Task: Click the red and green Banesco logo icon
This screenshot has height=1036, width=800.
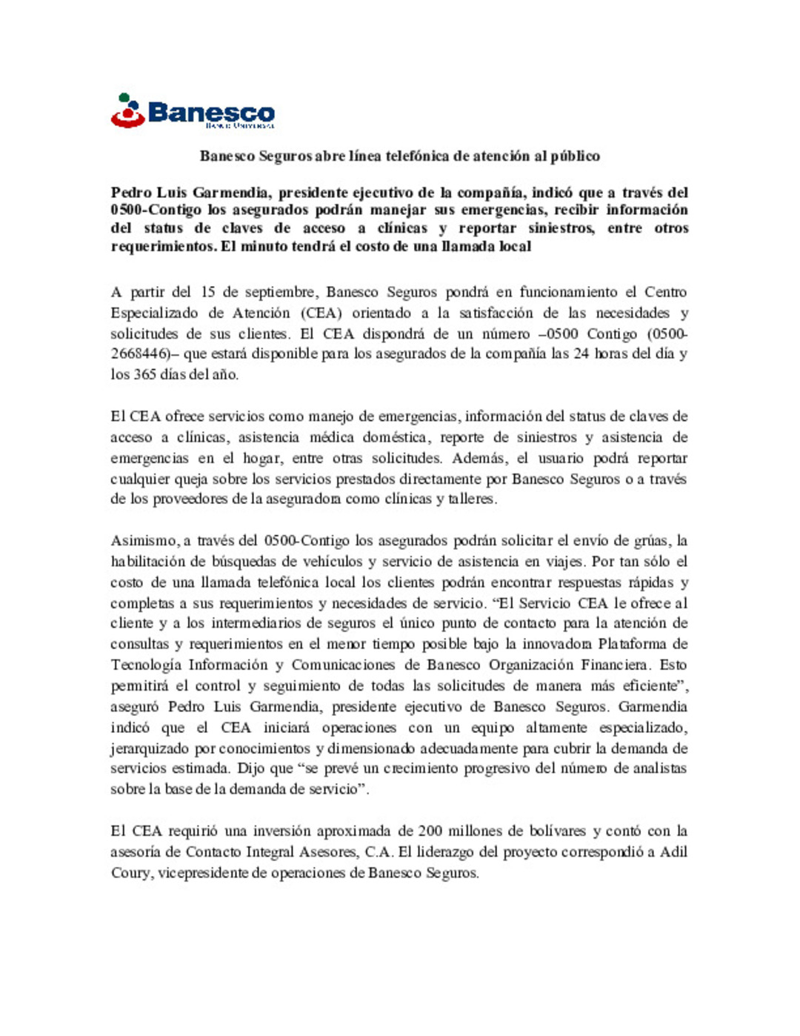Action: [x=127, y=110]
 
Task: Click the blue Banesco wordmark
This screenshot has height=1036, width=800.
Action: [x=211, y=113]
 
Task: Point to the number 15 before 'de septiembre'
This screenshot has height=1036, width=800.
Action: [x=207, y=292]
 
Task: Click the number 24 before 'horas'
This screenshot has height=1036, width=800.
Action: [x=581, y=353]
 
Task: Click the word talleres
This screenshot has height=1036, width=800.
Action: [x=472, y=499]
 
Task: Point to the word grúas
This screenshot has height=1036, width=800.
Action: [x=653, y=540]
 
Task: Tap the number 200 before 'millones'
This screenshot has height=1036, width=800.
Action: [x=430, y=831]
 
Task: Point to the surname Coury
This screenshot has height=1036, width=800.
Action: [x=130, y=872]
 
